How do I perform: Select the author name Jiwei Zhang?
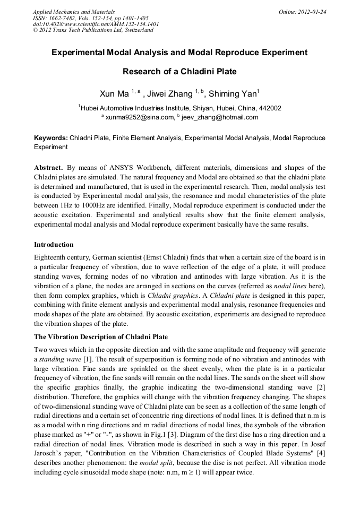[x=171, y=94]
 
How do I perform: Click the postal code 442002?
[x=269, y=108]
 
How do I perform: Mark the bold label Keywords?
[x=51, y=138]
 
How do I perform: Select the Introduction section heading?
[x=54, y=245]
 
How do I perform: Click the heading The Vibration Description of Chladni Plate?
[x=101, y=337]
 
